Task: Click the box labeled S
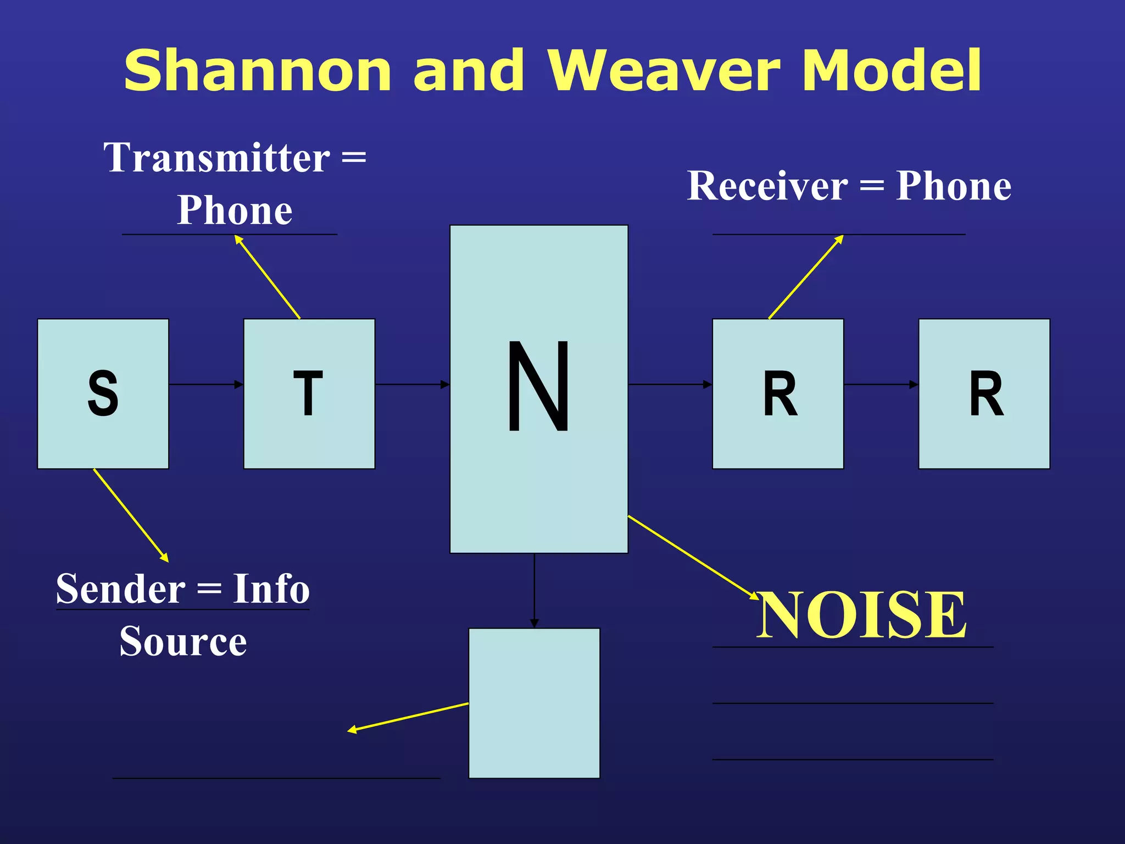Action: [103, 393]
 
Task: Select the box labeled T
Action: [309, 393]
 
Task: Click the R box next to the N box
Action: [778, 393]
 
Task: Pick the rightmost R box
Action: [984, 393]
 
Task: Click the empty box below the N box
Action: [534, 703]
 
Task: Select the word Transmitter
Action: [217, 158]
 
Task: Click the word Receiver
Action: [767, 186]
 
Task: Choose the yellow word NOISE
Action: [861, 615]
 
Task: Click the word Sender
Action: [121, 588]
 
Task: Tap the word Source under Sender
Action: [183, 641]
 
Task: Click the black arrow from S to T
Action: [206, 384]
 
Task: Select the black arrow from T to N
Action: [412, 384]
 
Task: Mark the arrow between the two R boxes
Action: [881, 384]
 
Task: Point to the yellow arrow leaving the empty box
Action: [408, 717]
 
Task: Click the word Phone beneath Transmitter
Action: [235, 210]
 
